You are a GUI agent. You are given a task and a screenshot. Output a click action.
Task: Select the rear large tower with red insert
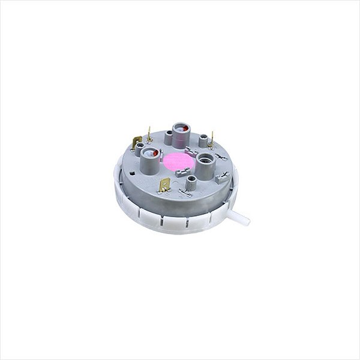(181, 133)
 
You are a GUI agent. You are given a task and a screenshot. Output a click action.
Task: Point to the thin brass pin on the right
(212, 139)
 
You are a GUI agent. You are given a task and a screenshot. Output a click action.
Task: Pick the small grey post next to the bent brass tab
(140, 148)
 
